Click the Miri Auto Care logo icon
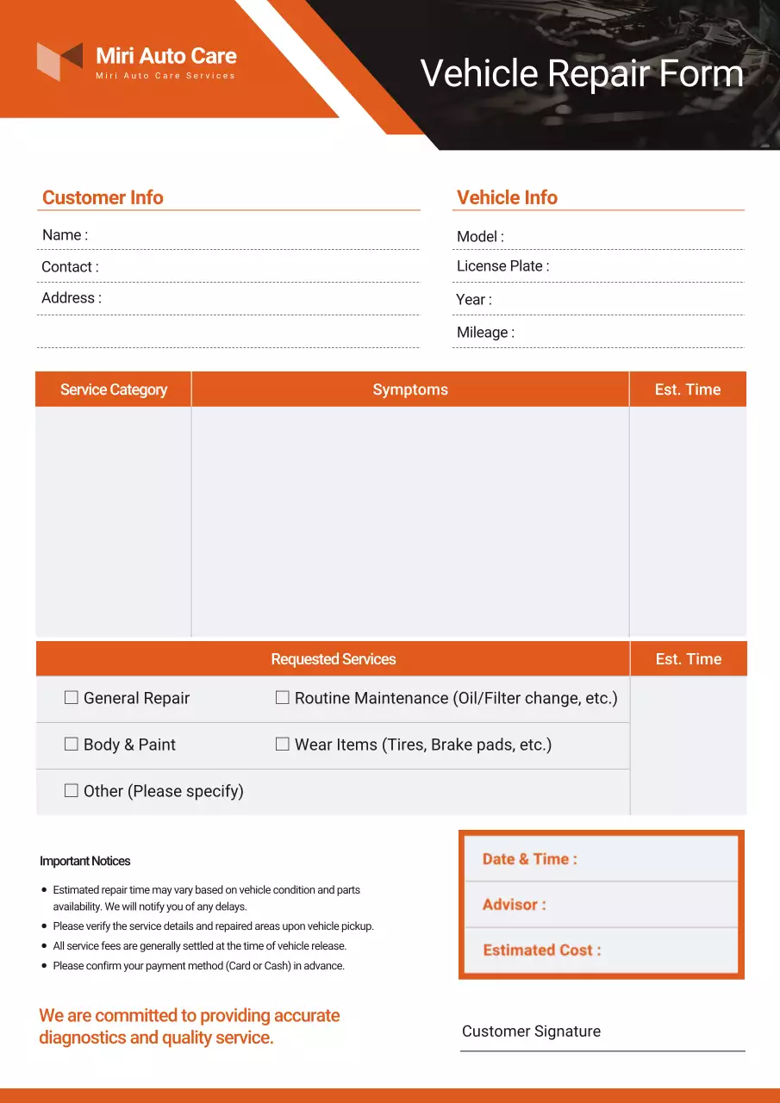point(59,61)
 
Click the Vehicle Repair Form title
point(582,73)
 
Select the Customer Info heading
point(103,197)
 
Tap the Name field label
point(65,235)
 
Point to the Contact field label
point(70,267)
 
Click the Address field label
point(72,298)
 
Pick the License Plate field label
point(502,266)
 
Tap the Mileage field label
point(485,333)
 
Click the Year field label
point(474,300)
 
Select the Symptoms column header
point(410,389)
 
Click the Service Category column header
point(114,389)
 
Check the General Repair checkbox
point(72,698)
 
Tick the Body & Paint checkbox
point(72,745)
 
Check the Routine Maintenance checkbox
point(283,698)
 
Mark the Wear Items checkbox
point(283,745)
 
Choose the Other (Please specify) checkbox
point(72,791)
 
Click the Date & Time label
point(529,859)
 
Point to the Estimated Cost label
point(541,950)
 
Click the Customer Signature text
point(531,1031)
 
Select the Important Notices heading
point(85,861)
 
